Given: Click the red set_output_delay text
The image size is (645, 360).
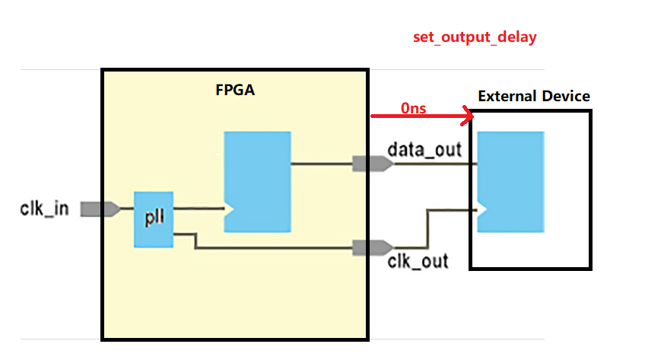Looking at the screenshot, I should coord(475,37).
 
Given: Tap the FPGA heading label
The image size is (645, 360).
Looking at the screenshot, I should coord(235,91).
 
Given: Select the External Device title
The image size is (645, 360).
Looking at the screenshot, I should coord(533,97).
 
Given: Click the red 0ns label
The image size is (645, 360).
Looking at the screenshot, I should coord(414,108).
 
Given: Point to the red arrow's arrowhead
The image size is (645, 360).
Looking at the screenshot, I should coord(467,116).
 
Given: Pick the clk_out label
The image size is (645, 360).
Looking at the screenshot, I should coord(418,262).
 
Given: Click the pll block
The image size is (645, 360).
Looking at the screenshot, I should coord(154,219).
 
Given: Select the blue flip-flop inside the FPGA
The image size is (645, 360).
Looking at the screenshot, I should coord(257,182).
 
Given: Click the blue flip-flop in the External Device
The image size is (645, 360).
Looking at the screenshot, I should coord(510,182).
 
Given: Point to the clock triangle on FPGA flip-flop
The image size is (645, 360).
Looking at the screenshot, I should coord(227,207).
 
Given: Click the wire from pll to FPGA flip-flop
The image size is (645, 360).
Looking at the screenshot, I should coord(198,207).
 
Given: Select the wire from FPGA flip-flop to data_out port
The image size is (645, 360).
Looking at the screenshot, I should coord(322,163).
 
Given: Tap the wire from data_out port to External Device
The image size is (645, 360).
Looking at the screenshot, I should coord(434,163).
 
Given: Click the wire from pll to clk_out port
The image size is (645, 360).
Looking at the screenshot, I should coord(274,247).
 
